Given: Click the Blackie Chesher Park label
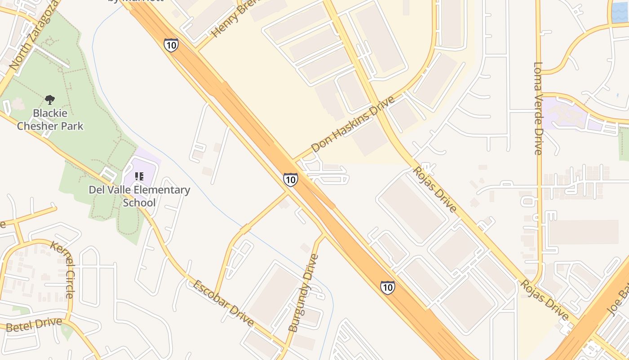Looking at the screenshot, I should coord(50,119).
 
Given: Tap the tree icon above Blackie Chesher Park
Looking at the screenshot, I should coord(50,99).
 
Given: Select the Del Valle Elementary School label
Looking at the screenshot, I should coord(139,196).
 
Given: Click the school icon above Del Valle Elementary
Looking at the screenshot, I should coord(139,176).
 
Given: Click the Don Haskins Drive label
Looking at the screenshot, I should coord(353,124).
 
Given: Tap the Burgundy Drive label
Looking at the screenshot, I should coord(304,293).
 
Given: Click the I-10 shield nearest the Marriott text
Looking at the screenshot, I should coord(171,45).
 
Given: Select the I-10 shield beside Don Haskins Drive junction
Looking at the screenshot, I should coord(290,180).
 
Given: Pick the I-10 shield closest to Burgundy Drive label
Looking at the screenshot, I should coord(387,287).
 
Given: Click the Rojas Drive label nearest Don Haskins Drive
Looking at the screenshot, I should coord(434,189).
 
